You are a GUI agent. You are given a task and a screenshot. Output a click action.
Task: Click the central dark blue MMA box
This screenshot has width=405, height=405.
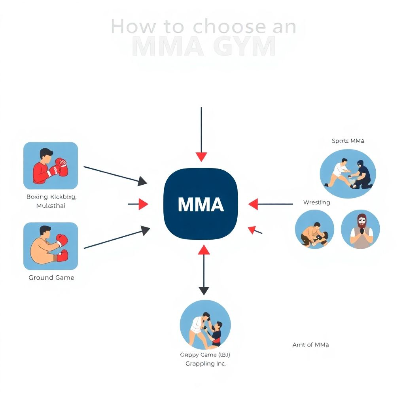coord(201,204)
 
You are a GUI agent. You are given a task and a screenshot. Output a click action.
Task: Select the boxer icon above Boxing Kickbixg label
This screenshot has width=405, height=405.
coord(51,165)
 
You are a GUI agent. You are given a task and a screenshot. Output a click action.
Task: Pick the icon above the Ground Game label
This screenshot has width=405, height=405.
coord(51,246)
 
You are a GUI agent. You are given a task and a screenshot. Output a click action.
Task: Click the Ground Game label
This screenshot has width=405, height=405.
coord(51,278)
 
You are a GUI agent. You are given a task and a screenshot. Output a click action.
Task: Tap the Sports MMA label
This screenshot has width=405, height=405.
coord(348,140)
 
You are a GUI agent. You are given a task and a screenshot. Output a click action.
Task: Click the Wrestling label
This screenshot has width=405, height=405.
coord(316,202)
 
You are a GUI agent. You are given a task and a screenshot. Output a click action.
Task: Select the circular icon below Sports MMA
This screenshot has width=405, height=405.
coord(348,173)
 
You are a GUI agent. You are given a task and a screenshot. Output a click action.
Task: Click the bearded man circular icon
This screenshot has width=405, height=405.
coord(360,229)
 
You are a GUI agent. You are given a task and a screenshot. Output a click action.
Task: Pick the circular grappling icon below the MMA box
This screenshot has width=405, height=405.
coord(205,325)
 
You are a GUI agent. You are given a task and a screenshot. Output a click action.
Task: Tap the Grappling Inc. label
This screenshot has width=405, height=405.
coord(206,363)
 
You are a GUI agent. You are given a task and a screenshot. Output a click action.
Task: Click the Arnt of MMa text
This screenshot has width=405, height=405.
coord(310,344)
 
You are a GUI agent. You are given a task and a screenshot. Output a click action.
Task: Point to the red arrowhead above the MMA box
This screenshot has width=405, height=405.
coord(201,157)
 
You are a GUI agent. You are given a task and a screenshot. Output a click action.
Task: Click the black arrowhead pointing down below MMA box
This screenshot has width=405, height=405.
coord(204,291)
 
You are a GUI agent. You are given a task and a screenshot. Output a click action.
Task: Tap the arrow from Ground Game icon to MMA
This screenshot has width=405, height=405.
coord(115,240)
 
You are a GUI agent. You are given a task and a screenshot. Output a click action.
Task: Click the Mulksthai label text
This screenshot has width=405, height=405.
coord(51,206)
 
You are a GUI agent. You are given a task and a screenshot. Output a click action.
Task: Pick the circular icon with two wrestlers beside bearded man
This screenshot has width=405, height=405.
coord(315,229)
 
